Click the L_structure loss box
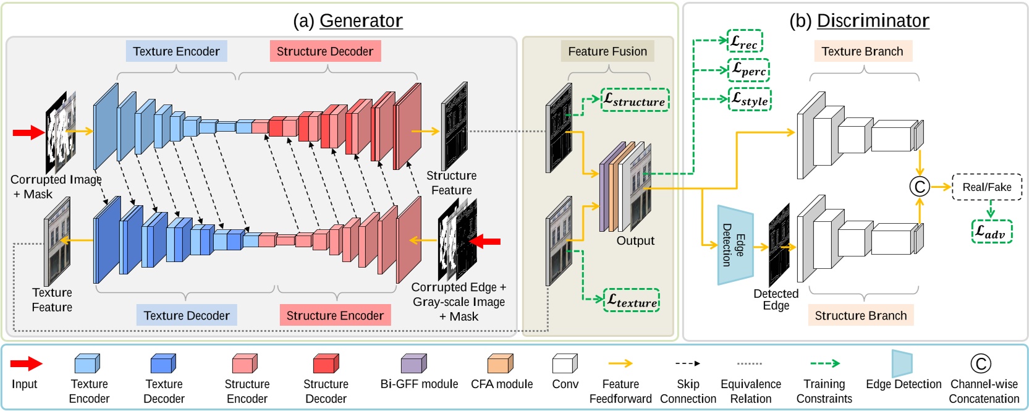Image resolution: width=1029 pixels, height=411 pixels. (x=635, y=100)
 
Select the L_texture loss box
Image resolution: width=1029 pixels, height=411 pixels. (x=632, y=300)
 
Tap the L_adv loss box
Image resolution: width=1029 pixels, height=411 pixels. (x=991, y=232)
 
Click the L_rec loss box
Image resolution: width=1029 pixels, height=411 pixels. (x=744, y=41)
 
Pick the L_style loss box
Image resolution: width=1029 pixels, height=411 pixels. (x=750, y=99)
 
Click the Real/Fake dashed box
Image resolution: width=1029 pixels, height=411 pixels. (x=986, y=187)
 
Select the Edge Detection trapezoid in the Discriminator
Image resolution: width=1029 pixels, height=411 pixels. (x=735, y=245)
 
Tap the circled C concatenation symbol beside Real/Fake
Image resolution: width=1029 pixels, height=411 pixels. (x=920, y=187)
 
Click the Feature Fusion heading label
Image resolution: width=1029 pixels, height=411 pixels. (x=608, y=51)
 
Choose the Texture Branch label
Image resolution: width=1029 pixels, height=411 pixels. (x=862, y=51)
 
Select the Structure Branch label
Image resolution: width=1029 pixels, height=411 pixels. (x=860, y=315)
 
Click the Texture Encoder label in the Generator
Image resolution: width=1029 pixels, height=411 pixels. (x=176, y=51)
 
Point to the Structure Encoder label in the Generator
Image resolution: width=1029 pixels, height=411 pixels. (x=334, y=315)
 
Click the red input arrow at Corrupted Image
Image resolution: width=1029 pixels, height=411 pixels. (x=28, y=132)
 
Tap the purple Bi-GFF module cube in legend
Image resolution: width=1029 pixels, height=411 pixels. (x=413, y=363)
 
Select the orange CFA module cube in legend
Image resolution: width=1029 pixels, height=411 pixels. (x=500, y=363)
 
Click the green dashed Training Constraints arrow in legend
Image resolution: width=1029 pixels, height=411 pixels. (x=824, y=363)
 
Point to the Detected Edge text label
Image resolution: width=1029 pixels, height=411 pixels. (x=776, y=299)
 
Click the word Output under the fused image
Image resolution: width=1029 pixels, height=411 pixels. (x=635, y=240)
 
